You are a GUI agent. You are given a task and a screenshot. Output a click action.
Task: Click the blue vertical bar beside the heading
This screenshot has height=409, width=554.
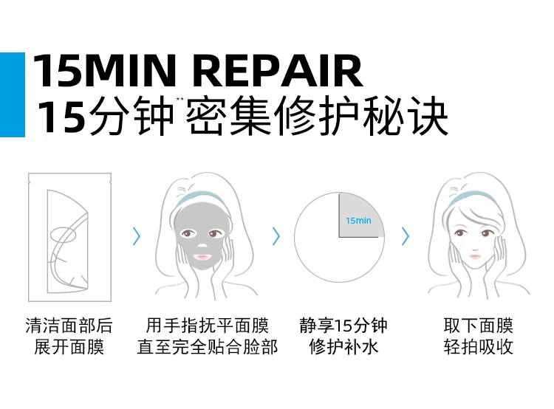[12, 94]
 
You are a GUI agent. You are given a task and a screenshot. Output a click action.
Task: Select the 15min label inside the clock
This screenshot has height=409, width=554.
[358, 220]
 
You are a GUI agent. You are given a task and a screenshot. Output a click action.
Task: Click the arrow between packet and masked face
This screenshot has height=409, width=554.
[136, 236]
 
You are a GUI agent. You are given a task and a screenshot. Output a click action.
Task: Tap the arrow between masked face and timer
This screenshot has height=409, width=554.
[276, 236]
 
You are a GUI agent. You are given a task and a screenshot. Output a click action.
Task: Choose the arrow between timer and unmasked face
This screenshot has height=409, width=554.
[406, 236]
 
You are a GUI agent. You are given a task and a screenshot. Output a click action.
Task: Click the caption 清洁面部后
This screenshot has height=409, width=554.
[69, 326]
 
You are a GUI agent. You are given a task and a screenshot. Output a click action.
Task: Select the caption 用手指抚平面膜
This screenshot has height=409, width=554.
[207, 326]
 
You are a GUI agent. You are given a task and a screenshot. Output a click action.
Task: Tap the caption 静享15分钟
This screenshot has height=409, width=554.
[343, 326]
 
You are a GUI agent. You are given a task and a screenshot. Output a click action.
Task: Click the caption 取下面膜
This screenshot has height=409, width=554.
[478, 326]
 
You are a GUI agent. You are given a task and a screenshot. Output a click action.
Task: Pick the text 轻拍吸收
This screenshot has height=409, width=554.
[478, 347]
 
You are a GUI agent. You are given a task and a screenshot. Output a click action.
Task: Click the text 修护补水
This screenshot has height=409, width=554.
[343, 347]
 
